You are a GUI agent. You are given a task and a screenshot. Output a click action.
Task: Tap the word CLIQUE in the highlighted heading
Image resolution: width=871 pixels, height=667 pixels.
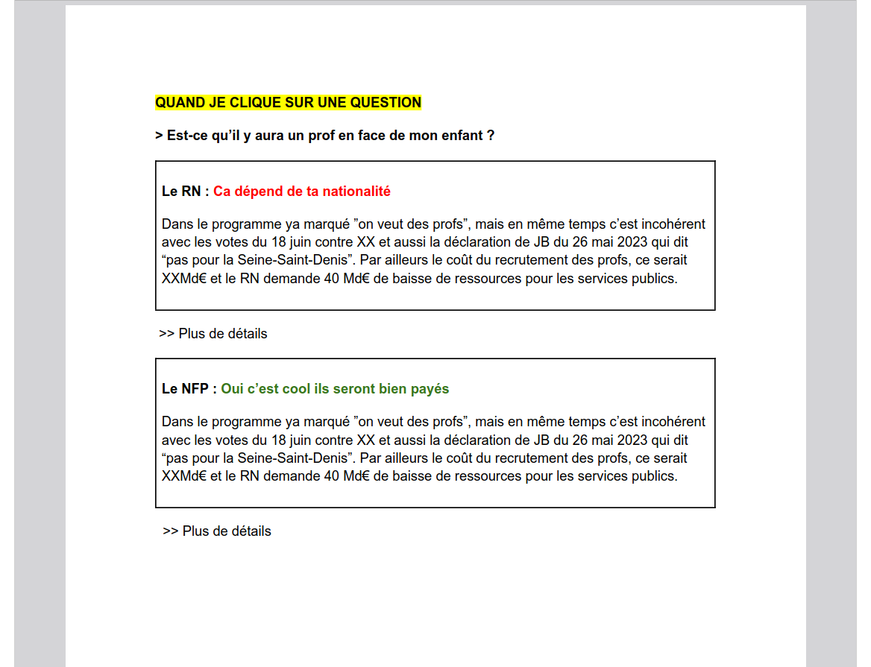(x=240, y=103)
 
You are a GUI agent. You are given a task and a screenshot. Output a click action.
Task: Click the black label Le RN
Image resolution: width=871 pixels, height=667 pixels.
(x=181, y=192)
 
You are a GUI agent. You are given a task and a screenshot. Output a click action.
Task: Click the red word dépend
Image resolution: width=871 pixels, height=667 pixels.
(x=254, y=192)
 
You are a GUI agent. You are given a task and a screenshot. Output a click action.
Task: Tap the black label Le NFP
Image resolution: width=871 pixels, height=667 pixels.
(x=186, y=389)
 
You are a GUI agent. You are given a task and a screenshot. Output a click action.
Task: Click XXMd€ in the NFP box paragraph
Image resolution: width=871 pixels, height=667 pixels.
(x=184, y=476)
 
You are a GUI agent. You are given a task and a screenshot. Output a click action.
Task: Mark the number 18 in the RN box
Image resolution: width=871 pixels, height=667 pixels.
(x=280, y=242)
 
